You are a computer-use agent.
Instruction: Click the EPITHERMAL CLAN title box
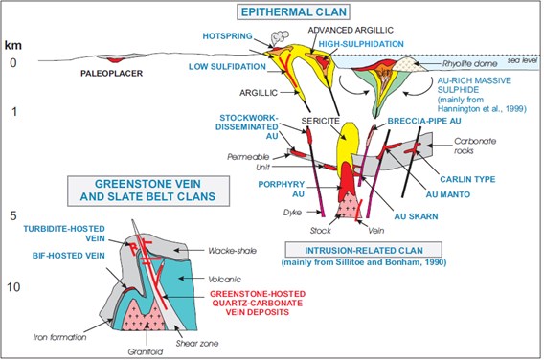(x=293, y=11)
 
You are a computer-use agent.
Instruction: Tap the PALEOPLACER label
(x=111, y=73)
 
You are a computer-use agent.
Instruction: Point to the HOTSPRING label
(x=227, y=36)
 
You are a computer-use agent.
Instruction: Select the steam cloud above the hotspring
(x=280, y=37)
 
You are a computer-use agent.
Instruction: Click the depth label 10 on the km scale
(x=13, y=287)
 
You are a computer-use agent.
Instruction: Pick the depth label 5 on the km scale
(x=13, y=215)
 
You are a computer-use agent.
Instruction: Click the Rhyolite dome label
(x=469, y=64)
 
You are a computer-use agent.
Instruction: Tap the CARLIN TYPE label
(x=467, y=179)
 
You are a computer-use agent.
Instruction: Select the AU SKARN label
(x=416, y=216)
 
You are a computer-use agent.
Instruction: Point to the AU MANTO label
(x=448, y=194)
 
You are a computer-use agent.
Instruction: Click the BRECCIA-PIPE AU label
(x=424, y=121)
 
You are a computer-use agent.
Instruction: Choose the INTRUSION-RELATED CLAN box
(x=364, y=250)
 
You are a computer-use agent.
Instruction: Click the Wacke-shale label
(x=232, y=251)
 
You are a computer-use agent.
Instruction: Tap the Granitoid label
(x=146, y=352)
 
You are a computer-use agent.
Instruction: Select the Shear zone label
(x=197, y=344)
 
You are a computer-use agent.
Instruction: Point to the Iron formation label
(x=59, y=337)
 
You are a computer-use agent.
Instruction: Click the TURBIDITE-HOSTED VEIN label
(x=64, y=234)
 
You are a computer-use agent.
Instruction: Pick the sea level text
(x=522, y=60)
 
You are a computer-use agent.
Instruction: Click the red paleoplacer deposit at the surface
(x=114, y=60)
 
